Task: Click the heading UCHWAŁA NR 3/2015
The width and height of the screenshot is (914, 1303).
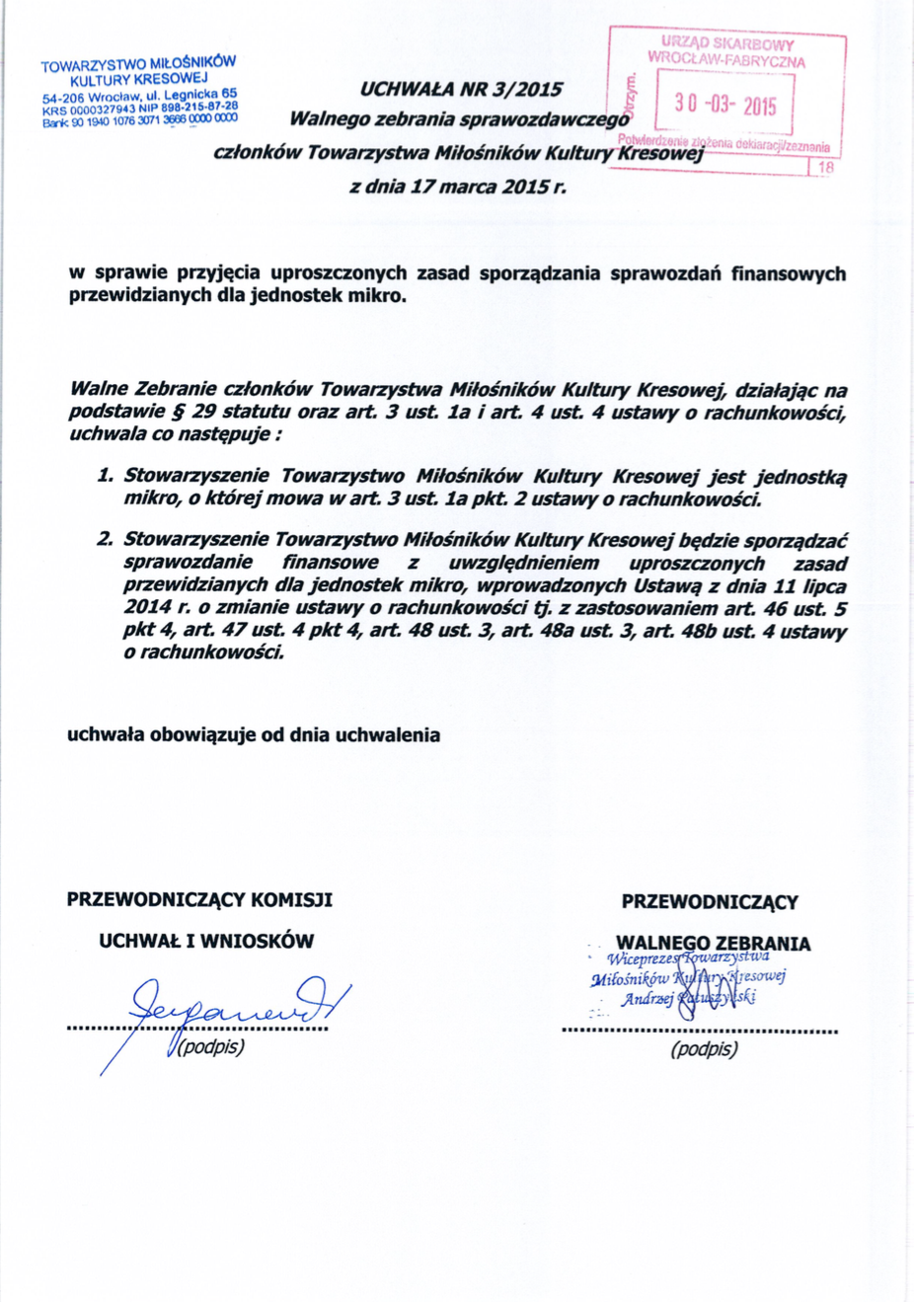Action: click(x=461, y=90)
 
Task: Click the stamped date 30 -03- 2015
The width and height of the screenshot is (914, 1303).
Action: click(x=725, y=105)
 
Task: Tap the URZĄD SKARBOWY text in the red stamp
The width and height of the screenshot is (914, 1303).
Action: click(x=727, y=43)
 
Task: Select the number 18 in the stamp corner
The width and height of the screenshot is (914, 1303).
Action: click(x=826, y=168)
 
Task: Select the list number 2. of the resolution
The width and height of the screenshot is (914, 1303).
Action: click(x=105, y=540)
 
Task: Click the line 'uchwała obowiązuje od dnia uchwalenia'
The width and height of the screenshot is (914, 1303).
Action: click(x=254, y=735)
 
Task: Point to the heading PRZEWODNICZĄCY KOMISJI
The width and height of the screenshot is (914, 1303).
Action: click(x=199, y=900)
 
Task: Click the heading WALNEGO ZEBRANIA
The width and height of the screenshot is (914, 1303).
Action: click(x=713, y=944)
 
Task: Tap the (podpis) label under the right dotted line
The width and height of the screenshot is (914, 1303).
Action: click(x=704, y=1049)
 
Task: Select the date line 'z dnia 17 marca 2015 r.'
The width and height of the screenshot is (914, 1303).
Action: click(x=458, y=187)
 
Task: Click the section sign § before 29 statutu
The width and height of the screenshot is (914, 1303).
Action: click(x=178, y=412)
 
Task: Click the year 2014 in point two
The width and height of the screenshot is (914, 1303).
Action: click(x=147, y=609)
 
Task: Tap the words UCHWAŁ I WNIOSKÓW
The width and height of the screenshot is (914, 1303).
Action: click(x=206, y=942)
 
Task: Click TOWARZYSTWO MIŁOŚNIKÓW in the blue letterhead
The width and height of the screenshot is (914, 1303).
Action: click(x=138, y=64)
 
